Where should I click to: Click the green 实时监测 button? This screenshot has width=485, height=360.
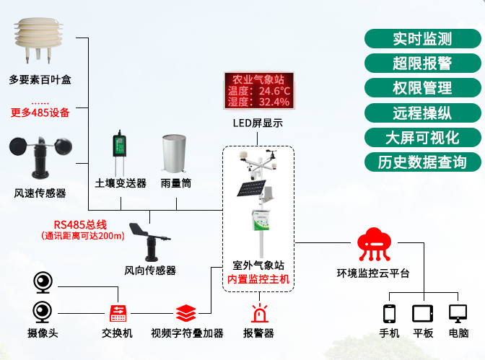tap(422, 38)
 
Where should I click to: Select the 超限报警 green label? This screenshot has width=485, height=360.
tap(422, 63)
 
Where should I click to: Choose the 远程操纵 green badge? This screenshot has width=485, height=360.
tap(422, 113)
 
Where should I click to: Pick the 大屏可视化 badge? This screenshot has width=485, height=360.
tap(422, 137)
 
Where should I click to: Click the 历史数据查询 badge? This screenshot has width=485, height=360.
tap(422, 162)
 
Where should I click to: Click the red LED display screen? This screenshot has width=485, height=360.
tap(258, 91)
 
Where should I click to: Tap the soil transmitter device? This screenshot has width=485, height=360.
tap(118, 150)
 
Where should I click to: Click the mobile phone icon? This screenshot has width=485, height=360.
tap(390, 314)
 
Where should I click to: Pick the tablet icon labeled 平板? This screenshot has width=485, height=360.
tap(422, 314)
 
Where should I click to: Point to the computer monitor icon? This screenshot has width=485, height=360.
tap(458, 314)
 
